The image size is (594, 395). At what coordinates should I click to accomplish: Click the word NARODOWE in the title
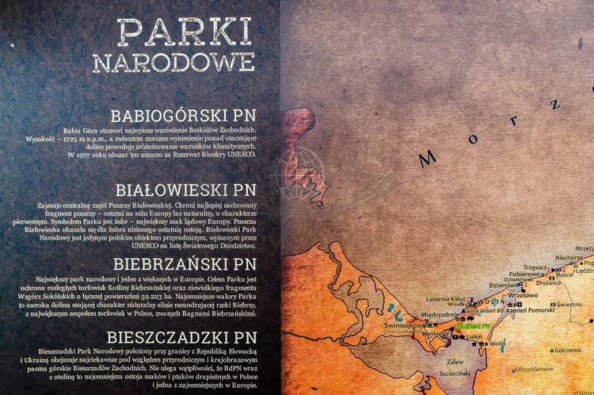[173, 63]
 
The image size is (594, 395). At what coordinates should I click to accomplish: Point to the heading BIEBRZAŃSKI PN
[185, 263]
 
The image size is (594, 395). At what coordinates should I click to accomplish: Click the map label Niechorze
[569, 258]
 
